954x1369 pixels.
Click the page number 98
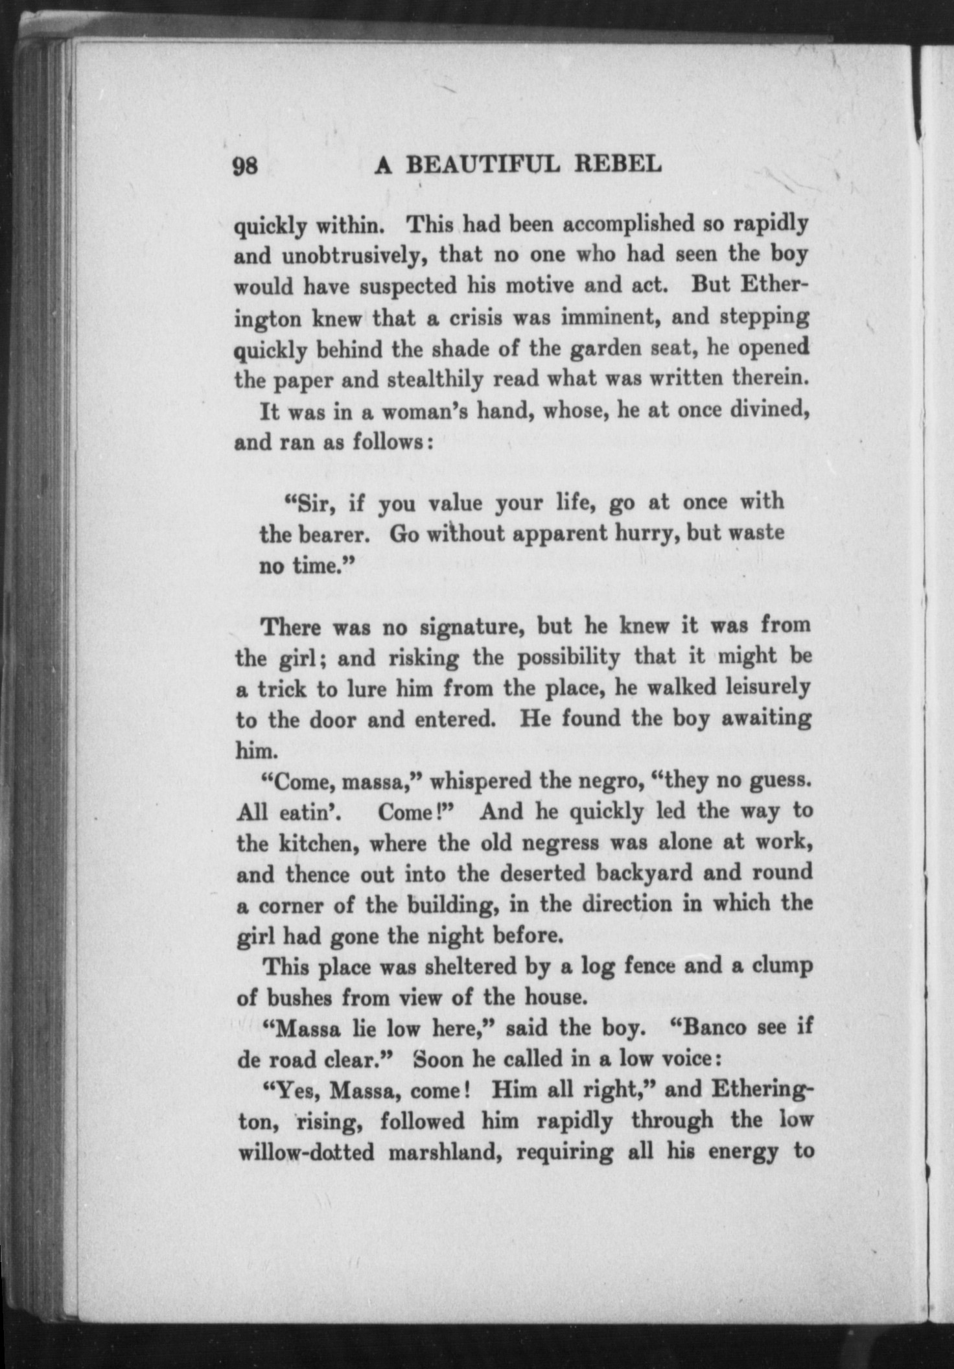pos(246,166)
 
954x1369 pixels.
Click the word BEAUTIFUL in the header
pos(483,165)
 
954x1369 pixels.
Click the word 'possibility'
pos(568,658)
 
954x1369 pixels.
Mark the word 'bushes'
pos(294,998)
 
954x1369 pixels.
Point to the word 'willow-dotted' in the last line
pos(306,1154)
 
